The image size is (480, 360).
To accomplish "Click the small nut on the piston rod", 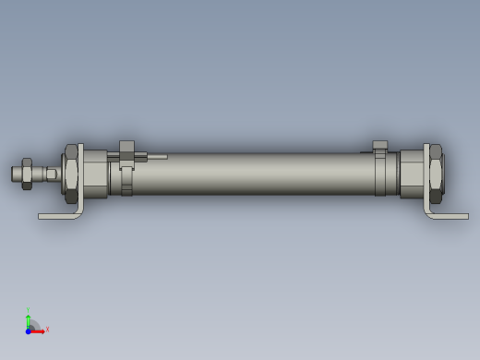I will point(28,174).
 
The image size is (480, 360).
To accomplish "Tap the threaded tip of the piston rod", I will point(16,174).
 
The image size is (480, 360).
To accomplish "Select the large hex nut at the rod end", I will point(70,174).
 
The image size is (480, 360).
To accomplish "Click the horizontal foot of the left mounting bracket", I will point(57,217).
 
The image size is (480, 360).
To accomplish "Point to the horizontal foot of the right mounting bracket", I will point(450,217).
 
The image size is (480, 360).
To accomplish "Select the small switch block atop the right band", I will point(379,145).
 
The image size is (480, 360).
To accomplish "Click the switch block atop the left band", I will point(126,148).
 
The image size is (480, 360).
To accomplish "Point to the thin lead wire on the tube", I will point(155,157).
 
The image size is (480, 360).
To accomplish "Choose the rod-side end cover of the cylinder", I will point(95,174).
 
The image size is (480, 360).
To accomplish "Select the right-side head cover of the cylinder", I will point(410,174).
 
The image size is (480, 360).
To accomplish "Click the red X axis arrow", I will point(39,330).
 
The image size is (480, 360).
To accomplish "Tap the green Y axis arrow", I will point(29,319).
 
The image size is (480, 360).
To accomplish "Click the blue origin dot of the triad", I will point(28,330).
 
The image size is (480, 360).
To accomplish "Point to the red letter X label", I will point(47,329).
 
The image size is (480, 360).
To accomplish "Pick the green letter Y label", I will point(29,310).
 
